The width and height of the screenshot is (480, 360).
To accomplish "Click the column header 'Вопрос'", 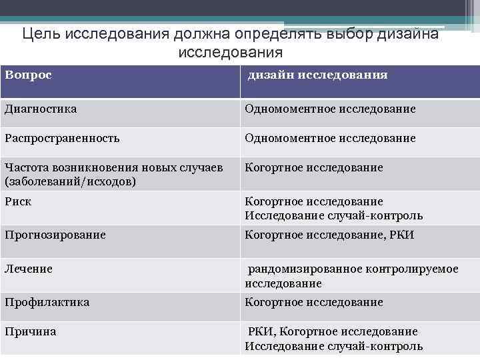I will [28, 74].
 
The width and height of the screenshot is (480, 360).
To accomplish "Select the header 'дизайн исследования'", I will [317, 75].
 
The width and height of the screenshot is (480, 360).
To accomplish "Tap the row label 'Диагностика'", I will [40, 108].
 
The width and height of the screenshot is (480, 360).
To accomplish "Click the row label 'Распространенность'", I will [62, 138].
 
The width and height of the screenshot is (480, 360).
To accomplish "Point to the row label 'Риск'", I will [18, 201].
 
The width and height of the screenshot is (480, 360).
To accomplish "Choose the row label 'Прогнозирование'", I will [55, 235].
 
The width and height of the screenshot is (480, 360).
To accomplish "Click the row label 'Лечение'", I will [29, 269].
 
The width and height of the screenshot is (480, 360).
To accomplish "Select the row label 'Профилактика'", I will [47, 302].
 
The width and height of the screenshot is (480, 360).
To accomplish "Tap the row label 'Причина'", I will [30, 331].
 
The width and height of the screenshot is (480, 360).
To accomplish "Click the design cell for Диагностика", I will [330, 109].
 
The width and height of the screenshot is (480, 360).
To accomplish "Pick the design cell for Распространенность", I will [330, 138].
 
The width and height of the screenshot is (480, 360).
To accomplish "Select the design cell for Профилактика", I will [314, 302].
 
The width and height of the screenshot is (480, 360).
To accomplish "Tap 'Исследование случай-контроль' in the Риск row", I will [333, 215].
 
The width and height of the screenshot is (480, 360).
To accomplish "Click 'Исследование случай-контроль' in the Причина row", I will [333, 346].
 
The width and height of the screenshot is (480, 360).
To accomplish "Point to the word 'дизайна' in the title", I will [414, 34].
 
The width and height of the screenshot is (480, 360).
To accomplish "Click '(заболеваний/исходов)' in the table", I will [70, 181].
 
